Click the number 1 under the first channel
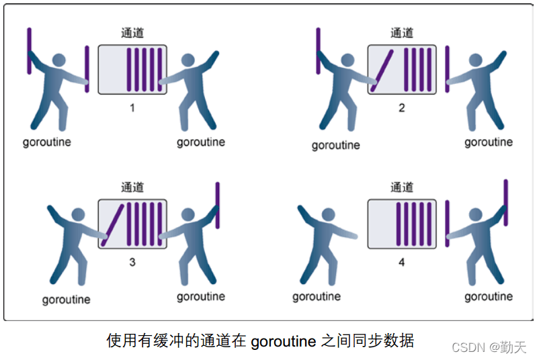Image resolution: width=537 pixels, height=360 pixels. pos(132,108)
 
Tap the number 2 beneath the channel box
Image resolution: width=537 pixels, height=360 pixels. pos(402,108)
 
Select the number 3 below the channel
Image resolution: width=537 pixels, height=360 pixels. pos(132,263)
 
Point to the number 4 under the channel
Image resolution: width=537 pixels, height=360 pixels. pos(402,263)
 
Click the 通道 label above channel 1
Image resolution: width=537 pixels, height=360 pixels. pos(132,33)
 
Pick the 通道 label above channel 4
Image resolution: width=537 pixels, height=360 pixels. pos(402,187)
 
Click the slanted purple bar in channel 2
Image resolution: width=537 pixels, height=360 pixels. pos(382,71)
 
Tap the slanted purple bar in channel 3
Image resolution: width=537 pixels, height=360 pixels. pos(112,225)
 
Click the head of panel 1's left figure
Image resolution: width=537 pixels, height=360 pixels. pos(59,60)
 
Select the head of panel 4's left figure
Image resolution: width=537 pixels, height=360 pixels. pos(329,214)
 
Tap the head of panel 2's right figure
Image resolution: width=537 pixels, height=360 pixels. pos(475,60)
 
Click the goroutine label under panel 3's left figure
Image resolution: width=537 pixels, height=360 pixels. pos(67,300)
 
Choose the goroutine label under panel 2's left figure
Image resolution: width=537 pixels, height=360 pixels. pos(335,146)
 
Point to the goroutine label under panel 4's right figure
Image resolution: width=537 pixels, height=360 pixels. pos(489,296)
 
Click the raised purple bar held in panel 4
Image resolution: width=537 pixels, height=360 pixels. pos(506,203)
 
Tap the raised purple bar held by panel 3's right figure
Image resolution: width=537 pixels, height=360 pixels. pos(218,206)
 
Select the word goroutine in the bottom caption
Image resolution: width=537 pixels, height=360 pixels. pos(284,341)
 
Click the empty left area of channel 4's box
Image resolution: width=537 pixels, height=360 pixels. pos(382,224)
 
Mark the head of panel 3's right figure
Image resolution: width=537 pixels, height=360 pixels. pos(188,214)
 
